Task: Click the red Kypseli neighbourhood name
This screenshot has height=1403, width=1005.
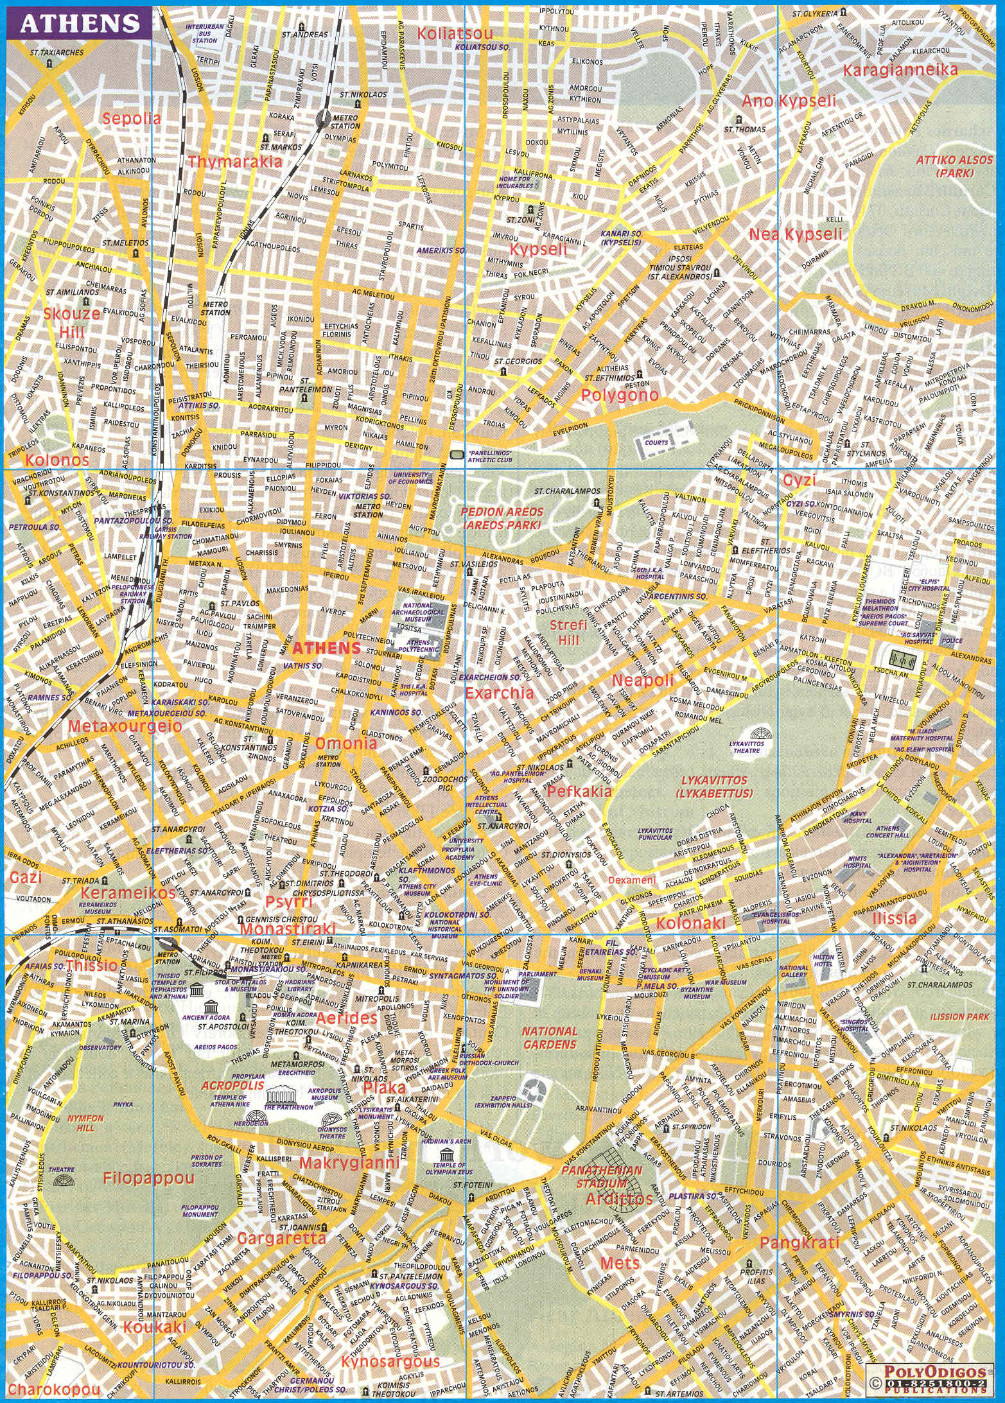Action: point(539,249)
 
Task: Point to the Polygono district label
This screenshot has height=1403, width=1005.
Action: point(619,396)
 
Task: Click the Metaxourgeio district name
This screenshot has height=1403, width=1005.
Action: point(125,727)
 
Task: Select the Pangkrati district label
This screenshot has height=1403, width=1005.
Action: point(799,1243)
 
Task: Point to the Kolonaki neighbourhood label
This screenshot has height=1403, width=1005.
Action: point(690,923)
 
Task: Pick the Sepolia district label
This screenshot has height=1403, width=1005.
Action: point(131,118)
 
